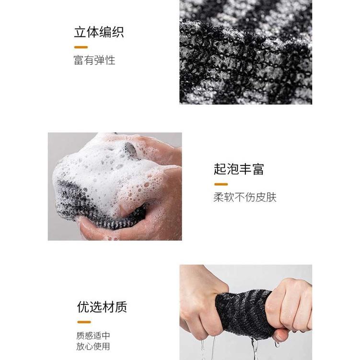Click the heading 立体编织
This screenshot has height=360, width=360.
point(99,33)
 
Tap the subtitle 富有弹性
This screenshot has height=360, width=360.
point(94,60)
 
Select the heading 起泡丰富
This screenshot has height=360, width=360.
point(239,169)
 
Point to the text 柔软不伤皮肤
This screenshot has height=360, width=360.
point(245,197)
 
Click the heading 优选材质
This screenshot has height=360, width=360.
point(102,307)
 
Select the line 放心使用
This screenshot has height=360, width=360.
point(93,346)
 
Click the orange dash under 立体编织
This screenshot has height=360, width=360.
point(81,47)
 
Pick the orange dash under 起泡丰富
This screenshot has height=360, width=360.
point(221,184)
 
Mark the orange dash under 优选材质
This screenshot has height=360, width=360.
point(84,322)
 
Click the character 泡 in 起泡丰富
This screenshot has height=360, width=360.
point(232,169)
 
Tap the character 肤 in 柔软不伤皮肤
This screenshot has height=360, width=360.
point(271,197)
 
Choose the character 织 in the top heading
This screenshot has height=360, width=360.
point(118,33)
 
